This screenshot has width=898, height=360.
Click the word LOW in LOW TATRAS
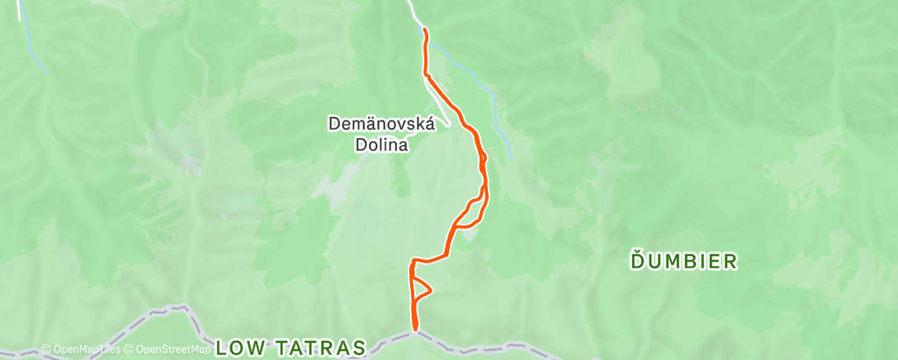pos(239,348)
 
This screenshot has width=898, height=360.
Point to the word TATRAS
pos(320,348)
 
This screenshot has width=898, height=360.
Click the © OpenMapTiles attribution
pos(81,350)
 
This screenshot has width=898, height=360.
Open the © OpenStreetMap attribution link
pos(167,350)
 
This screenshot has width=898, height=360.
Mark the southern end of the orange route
pos(415,330)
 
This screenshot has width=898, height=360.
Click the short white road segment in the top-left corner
pos(18,10)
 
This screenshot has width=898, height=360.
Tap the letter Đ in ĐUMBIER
pos(637,263)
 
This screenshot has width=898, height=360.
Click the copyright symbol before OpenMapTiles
pos(45,350)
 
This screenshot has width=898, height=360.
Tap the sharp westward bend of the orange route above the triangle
pos(412,263)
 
